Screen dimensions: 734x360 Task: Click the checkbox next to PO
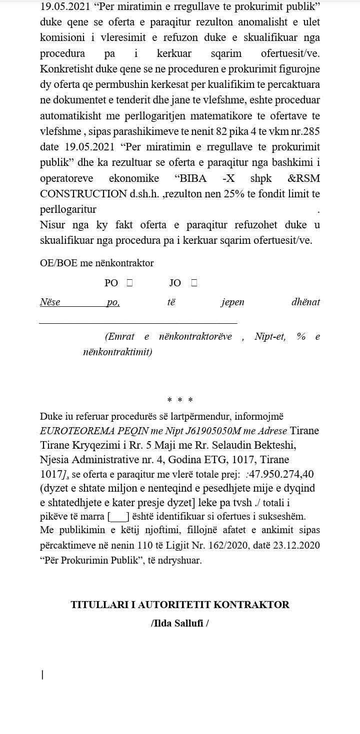129,283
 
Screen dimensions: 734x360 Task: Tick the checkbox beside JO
194,283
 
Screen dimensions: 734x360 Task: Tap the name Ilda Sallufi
179,623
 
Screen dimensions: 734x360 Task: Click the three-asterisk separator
180,400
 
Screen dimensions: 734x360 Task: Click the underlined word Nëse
50,302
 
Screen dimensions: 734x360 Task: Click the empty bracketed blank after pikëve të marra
118,517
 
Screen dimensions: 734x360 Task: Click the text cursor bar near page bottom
42,675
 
